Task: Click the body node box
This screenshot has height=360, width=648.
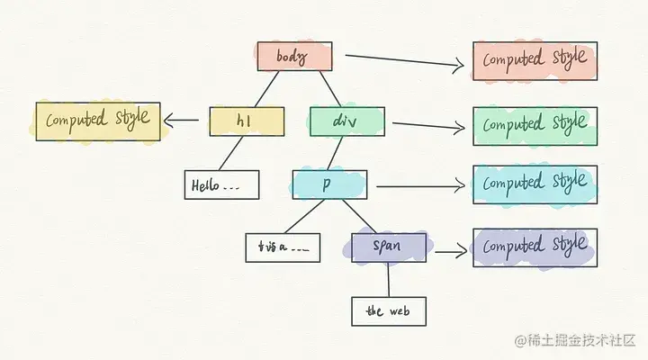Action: coord(294,56)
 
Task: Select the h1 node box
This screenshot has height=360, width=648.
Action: coord(247,121)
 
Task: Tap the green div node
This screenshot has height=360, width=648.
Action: coord(346,121)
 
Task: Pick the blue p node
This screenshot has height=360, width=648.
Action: coord(329,184)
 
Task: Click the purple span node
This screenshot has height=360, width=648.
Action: coord(389,247)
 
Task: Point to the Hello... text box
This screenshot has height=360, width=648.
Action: coord(221,185)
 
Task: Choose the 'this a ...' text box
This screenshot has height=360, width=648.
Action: coord(282,247)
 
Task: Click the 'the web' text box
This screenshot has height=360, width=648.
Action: coord(388,310)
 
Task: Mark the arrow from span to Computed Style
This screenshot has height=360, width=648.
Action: coord(450,249)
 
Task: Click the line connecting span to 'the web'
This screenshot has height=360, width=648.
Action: coord(389,280)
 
